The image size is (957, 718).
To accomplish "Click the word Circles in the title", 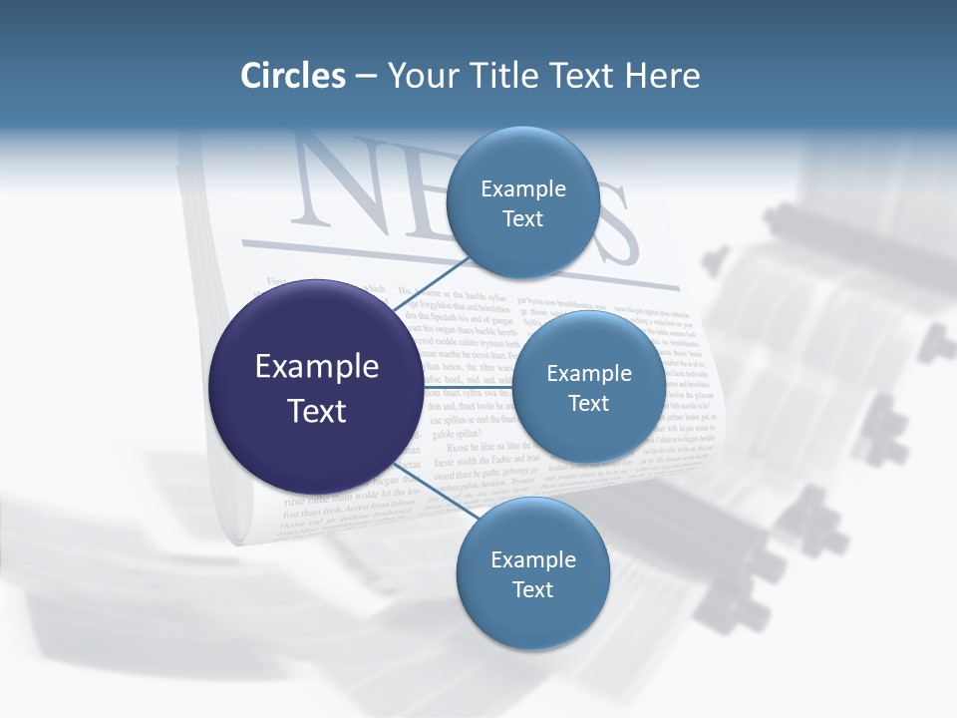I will coord(292,76).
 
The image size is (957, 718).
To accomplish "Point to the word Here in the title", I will coord(662,76).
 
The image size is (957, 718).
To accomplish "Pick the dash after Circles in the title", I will coord(366,77).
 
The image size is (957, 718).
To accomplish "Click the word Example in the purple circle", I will coord(317,367).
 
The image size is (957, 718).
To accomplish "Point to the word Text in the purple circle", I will coord(317,411).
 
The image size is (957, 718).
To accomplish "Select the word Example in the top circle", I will coord(523,188).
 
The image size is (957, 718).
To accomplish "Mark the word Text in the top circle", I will coord(522,218).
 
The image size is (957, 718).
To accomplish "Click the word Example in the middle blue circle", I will coord(589,373).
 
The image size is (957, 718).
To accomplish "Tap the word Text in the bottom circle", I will coord(532,589).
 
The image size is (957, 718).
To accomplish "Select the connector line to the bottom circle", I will coord(434,490).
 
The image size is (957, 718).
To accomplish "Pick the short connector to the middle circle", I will coord(467,387).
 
